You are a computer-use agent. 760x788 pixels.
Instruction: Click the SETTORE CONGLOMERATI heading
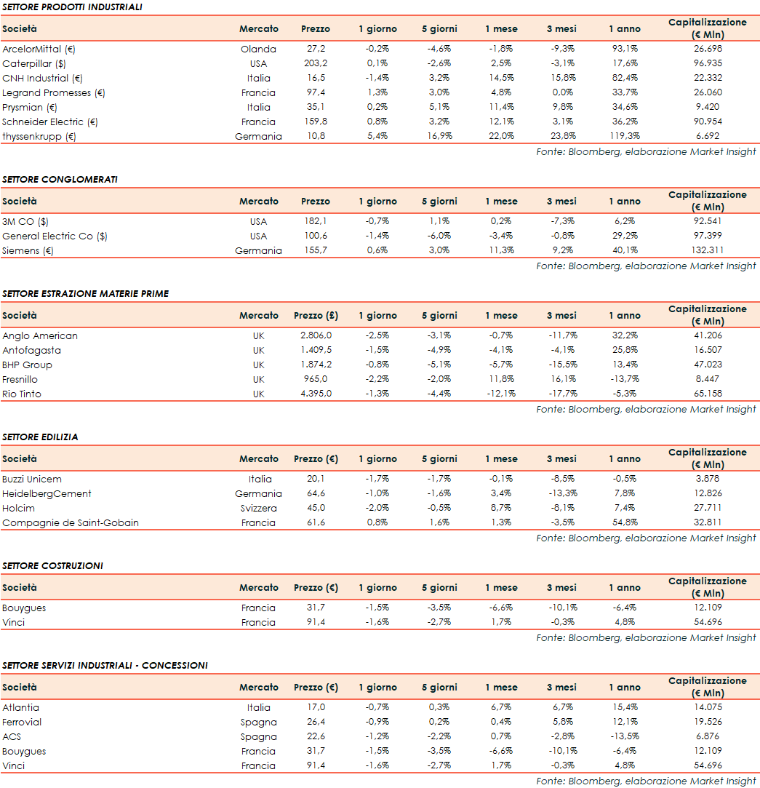point(60,179)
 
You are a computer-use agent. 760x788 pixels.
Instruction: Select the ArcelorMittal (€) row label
point(39,49)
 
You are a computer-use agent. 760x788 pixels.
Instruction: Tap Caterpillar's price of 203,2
point(315,63)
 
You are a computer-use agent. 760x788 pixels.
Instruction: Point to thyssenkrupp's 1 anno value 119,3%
point(624,136)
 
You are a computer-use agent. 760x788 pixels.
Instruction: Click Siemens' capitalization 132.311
point(707,250)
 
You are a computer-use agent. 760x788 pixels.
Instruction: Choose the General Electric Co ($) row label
point(55,236)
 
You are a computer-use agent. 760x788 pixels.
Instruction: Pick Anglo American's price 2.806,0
point(316,335)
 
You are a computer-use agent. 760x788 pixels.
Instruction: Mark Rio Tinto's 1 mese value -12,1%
point(501,394)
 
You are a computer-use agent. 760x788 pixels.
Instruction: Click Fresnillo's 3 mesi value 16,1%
point(562,379)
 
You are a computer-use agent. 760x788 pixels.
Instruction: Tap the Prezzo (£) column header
point(316,315)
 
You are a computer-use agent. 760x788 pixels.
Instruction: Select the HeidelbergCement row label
point(47,493)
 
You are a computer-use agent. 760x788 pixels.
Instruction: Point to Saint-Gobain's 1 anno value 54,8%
point(624,522)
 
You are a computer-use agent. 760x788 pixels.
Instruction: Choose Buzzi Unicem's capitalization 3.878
point(707,479)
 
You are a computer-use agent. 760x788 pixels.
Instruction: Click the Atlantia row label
point(20,707)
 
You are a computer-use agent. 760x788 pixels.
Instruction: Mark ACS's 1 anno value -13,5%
point(624,736)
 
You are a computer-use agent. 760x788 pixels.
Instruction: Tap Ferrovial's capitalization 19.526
point(707,722)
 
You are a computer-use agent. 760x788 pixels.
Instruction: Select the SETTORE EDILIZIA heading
point(40,437)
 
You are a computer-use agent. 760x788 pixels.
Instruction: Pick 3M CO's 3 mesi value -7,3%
point(562,221)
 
